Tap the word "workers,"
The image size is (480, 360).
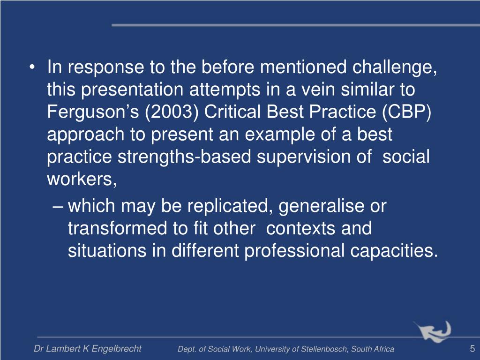[82, 180]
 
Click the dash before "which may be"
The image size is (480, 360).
[59, 206]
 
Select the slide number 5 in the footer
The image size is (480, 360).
[472, 348]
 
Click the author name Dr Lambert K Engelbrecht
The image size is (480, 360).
[88, 349]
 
